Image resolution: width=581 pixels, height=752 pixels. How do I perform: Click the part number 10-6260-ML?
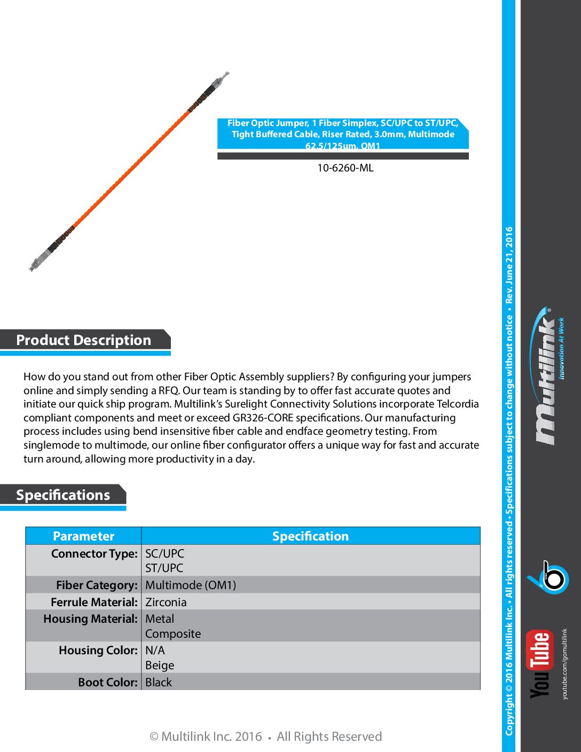345,168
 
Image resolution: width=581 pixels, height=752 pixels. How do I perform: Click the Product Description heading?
84,340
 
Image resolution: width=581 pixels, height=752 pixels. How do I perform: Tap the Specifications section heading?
63,495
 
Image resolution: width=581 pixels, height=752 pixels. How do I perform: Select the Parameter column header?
83,536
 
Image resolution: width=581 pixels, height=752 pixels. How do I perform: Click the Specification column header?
310,536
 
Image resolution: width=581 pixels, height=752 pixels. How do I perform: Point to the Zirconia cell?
166,602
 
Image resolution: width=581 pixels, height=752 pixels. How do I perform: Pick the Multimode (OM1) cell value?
191,585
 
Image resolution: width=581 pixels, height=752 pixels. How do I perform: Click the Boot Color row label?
107,682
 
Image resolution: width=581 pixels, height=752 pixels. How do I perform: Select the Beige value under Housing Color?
160,665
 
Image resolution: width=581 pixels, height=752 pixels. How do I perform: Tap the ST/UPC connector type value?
164,568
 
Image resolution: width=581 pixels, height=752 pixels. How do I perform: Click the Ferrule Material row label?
94,602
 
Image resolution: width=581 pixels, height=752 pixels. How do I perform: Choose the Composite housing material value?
173,633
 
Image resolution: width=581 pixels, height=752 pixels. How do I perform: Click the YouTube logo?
539,663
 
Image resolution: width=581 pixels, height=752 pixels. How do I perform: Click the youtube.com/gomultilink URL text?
565,663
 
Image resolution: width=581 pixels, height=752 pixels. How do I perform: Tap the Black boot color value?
159,682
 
